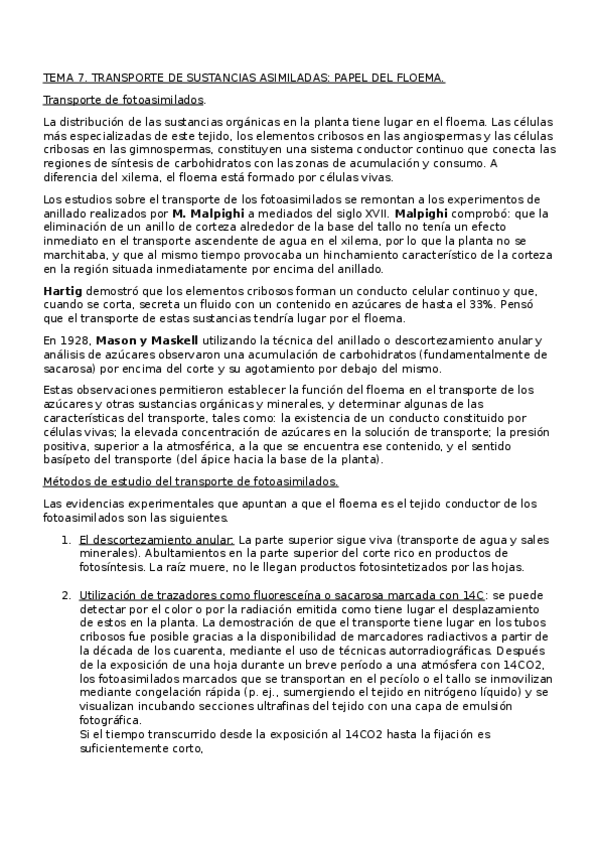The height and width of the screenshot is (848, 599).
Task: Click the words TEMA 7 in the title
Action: coord(61,76)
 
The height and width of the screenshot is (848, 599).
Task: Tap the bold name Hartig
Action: coord(63,290)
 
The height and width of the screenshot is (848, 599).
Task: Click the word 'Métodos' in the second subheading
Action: coord(67,481)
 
